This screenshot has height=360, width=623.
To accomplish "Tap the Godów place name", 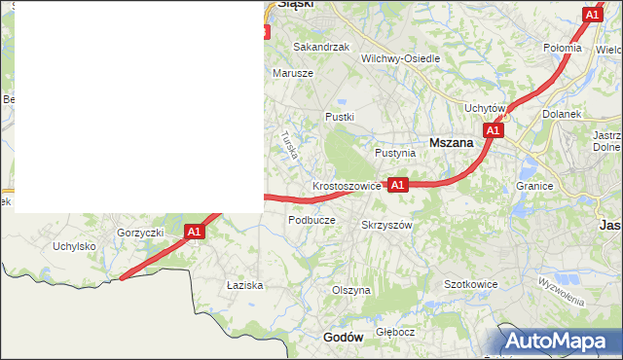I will (x=342, y=337).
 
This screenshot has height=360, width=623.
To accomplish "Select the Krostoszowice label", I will (x=347, y=185).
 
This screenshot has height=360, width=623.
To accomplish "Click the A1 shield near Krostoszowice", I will (x=397, y=184).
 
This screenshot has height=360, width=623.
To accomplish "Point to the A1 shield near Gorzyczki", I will (x=194, y=232).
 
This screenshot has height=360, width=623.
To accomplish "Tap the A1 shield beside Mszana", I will (x=493, y=129).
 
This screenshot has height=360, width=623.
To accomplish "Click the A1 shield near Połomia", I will (x=592, y=15).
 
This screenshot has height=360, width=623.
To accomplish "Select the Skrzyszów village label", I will (x=387, y=225).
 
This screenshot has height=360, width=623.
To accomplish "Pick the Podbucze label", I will (x=311, y=220).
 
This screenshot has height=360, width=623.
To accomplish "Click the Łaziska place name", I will (x=245, y=285).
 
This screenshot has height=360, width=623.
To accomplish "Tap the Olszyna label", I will (x=351, y=290).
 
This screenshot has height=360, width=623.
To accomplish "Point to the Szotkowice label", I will (x=471, y=284).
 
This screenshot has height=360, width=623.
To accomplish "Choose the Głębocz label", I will (x=395, y=331).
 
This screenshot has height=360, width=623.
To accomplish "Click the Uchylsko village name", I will (x=74, y=246).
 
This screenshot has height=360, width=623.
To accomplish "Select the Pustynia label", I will (x=395, y=153).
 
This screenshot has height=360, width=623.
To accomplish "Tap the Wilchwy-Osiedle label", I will (x=400, y=58).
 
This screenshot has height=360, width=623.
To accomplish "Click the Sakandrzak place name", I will (x=321, y=47).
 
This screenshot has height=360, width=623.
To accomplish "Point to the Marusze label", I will (x=293, y=73).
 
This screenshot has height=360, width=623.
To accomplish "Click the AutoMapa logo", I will (x=560, y=342).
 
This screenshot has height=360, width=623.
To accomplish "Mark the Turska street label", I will (x=288, y=145).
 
